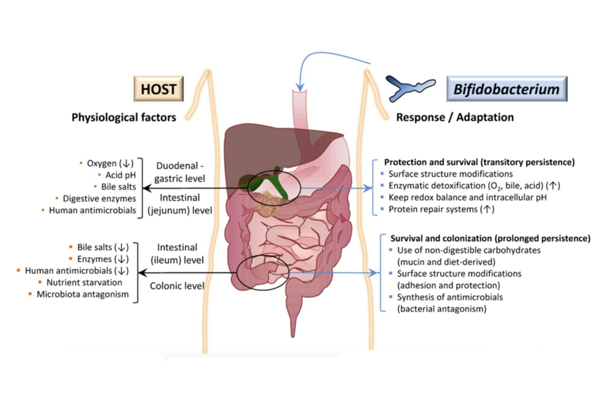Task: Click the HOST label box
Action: click(x=158, y=89)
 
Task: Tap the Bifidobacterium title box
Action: click(x=507, y=89)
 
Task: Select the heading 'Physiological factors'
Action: click(x=124, y=118)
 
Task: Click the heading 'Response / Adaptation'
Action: click(x=455, y=118)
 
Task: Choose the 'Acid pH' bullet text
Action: click(x=121, y=175)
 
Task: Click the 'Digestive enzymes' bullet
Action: click(x=99, y=199)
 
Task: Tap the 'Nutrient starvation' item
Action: click(x=84, y=282)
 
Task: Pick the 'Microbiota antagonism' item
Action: click(x=83, y=294)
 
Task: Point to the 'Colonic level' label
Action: click(x=177, y=286)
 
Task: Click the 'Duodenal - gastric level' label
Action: click(x=180, y=172)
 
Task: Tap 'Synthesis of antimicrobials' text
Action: click(x=450, y=297)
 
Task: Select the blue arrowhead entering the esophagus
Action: click(x=299, y=87)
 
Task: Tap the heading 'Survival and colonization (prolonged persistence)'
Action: click(x=490, y=239)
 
